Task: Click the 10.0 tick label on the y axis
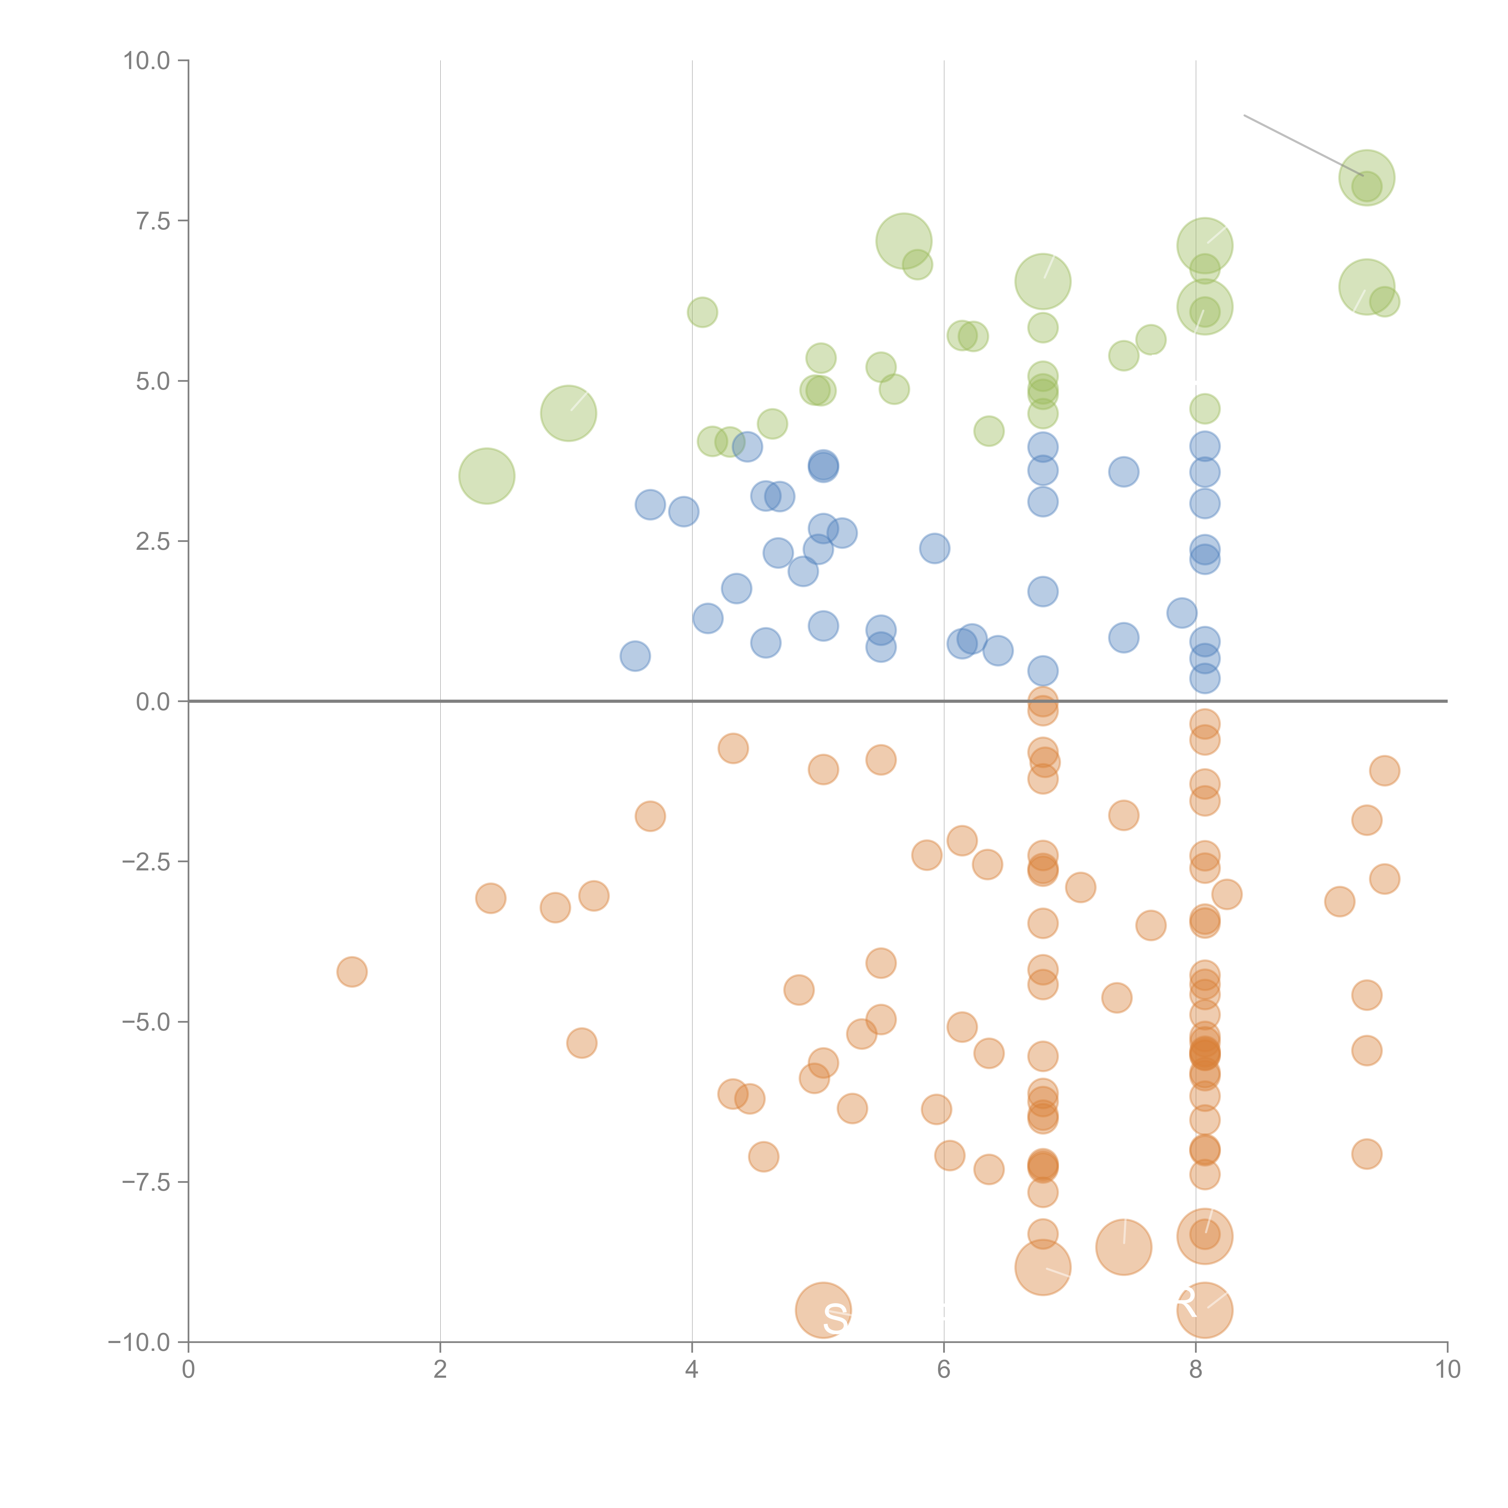click(x=147, y=61)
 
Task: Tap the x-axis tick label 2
click(x=440, y=1370)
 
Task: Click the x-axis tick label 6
click(x=944, y=1370)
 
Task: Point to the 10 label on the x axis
click(x=1447, y=1370)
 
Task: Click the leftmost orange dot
click(x=352, y=972)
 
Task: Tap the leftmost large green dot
click(x=486, y=476)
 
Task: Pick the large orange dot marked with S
click(x=823, y=1310)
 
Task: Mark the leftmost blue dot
click(x=635, y=656)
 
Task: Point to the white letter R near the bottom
click(x=1185, y=1302)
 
